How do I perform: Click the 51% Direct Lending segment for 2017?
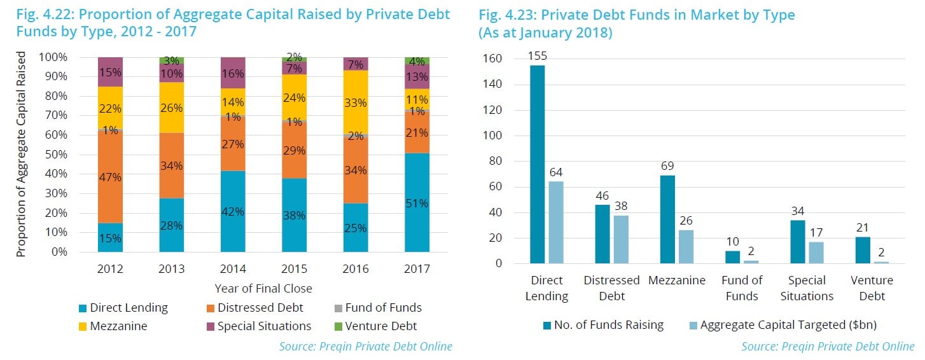click(417, 202)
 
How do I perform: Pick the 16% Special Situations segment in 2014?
click(233, 73)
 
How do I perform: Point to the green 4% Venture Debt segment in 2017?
click(417, 61)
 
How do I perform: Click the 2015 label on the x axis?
click(295, 268)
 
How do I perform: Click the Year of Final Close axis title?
click(263, 288)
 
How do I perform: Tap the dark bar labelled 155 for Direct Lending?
click(538, 164)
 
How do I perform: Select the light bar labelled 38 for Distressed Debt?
click(620, 239)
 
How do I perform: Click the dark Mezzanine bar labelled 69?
click(667, 219)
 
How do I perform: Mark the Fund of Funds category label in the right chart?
click(742, 288)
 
